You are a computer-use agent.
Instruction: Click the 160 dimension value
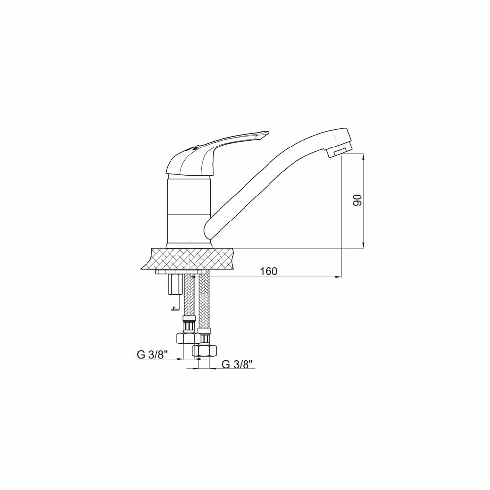(x=269, y=271)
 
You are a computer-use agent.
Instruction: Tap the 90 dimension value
(x=357, y=200)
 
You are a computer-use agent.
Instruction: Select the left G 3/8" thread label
(x=152, y=355)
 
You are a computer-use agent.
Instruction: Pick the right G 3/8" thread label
(x=237, y=364)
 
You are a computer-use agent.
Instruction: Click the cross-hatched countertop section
(x=191, y=258)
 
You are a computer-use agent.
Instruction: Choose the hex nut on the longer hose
(x=204, y=350)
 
